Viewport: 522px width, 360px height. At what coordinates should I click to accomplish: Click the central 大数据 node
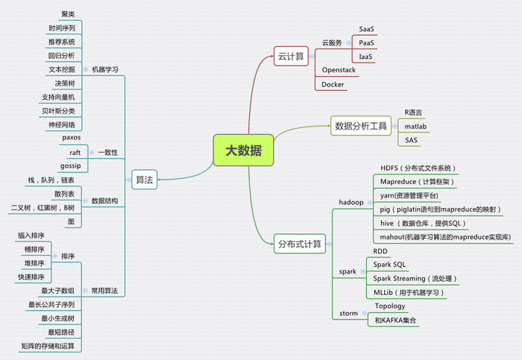[x=243, y=151]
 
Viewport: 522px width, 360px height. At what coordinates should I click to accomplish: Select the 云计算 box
[x=291, y=56]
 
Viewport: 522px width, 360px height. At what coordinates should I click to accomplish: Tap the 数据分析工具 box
[x=361, y=126]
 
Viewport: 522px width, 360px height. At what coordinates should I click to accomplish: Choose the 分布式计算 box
[x=300, y=244]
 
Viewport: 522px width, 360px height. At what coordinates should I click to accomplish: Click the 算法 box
[x=144, y=180]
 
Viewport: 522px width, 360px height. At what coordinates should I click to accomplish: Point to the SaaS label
[x=367, y=29]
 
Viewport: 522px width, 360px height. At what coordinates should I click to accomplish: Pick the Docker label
[x=333, y=84]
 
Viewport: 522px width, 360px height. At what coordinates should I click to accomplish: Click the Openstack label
[x=339, y=70]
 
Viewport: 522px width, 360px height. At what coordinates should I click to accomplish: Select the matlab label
[x=415, y=127]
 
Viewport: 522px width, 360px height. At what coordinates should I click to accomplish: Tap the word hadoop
[x=351, y=202]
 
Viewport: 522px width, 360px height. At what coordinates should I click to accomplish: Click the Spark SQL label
[x=389, y=265]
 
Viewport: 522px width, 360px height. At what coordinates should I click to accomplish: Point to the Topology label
[x=390, y=306]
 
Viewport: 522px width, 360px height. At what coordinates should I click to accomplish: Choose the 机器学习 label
[x=105, y=69]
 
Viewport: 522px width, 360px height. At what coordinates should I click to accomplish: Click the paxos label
[x=72, y=137]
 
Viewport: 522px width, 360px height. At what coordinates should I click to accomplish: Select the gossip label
[x=71, y=165]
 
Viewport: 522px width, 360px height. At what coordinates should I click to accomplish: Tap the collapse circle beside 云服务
[x=348, y=42]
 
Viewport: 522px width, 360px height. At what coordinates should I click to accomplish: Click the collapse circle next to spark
[x=363, y=271]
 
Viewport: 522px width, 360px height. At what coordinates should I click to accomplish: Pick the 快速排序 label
[x=31, y=277]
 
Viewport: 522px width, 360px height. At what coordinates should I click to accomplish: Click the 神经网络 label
[x=62, y=124]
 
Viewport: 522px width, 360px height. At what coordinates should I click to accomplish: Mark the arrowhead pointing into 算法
[x=160, y=180]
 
